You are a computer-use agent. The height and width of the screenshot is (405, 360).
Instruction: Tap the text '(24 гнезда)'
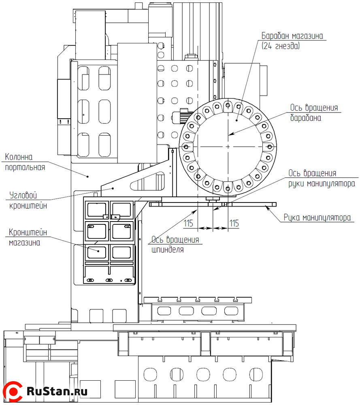pyautogui.click(x=281, y=46)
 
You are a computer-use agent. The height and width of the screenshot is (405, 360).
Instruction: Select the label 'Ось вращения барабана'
pyautogui.click(x=313, y=113)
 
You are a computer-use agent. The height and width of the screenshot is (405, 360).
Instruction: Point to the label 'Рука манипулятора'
pyautogui.click(x=317, y=217)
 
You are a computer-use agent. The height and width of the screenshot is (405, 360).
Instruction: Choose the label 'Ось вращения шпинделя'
pyautogui.click(x=175, y=245)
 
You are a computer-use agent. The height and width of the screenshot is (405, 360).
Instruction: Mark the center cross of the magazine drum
pyautogui.click(x=228, y=146)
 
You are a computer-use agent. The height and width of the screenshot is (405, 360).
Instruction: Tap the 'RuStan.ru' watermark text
pyautogui.click(x=57, y=392)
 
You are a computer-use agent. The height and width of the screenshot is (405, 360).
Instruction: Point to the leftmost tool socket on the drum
pyautogui.click(x=187, y=146)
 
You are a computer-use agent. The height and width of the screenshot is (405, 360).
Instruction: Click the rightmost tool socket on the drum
pyautogui.click(x=269, y=146)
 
